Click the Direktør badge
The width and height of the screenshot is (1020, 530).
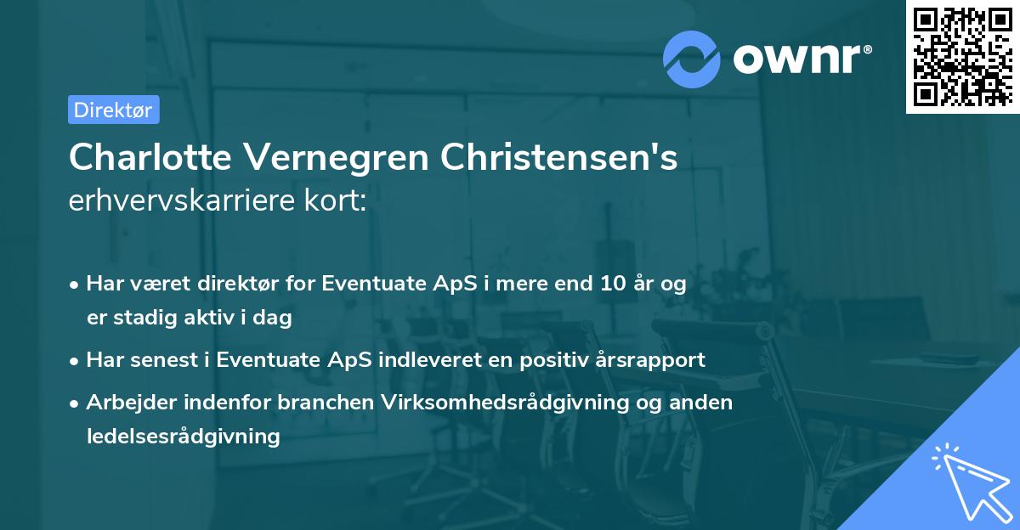point(113,110)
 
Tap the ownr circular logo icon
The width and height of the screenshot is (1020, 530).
point(691,59)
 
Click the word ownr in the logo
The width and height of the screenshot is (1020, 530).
point(800,58)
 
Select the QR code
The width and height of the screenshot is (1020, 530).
point(961,56)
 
